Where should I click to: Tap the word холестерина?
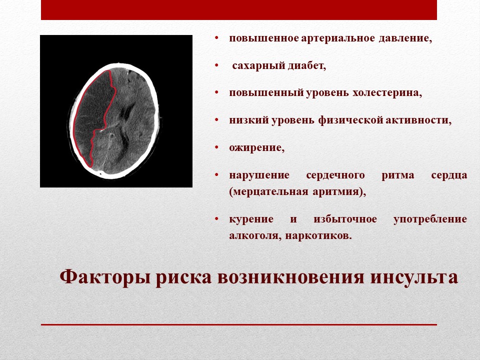click(x=387, y=93)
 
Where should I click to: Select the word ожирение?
click(x=257, y=148)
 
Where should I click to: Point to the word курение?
click(x=251, y=219)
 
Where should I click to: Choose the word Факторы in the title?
click(x=104, y=277)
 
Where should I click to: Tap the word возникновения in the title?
click(x=291, y=277)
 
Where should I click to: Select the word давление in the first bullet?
click(x=405, y=38)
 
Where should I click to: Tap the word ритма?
click(x=398, y=175)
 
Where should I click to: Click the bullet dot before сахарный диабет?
click(x=216, y=65)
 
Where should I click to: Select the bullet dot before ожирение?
click(x=216, y=147)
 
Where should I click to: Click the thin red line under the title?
click(x=239, y=324)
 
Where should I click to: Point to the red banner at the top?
click(x=239, y=10)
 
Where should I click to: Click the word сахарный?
click(x=258, y=66)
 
